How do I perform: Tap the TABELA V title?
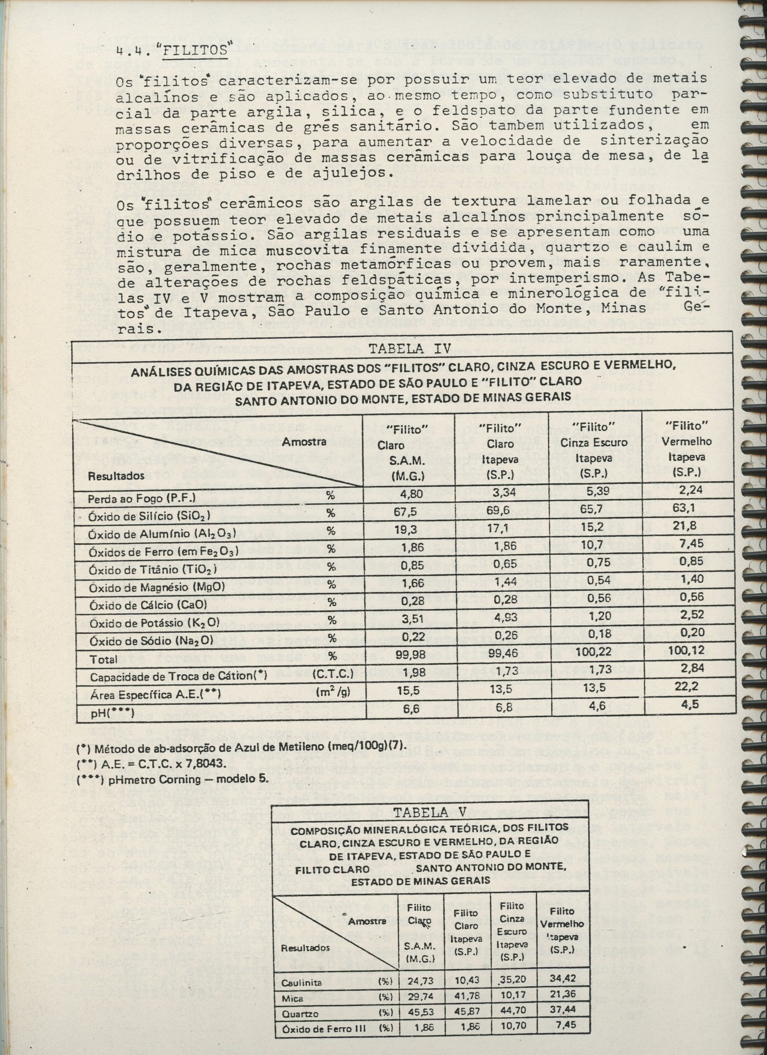pos(430,812)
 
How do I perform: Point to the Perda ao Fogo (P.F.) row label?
pos(141,499)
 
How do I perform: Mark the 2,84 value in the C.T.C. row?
pos(687,668)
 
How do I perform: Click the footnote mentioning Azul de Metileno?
pos(241,747)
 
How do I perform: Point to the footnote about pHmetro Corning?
pos(173,779)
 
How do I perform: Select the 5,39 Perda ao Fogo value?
pos(594,492)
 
